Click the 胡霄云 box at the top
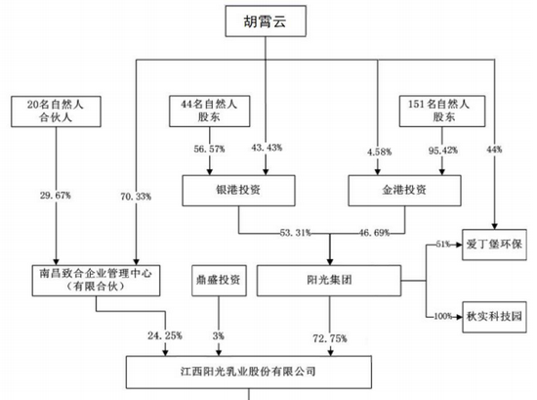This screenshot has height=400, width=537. click(x=266, y=21)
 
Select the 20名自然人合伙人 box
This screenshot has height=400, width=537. click(x=56, y=111)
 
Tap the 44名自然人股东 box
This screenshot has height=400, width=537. click(x=210, y=111)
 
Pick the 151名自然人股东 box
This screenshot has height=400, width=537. click(x=442, y=111)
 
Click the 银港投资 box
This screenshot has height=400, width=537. click(x=238, y=191)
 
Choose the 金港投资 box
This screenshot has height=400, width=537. click(x=404, y=191)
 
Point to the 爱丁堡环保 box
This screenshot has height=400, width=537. click(x=494, y=244)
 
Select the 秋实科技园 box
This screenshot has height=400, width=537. click(x=494, y=317)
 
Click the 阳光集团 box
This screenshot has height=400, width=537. click(x=329, y=281)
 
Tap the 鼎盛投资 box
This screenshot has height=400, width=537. click(x=219, y=281)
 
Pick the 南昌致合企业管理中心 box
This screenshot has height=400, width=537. click(x=96, y=281)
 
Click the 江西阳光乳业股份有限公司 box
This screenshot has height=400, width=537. click(x=249, y=372)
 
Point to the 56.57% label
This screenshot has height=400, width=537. click(x=209, y=149)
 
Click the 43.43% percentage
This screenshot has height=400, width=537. click(x=267, y=148)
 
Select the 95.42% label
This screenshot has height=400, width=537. click(x=443, y=151)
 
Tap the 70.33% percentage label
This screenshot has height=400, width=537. click(x=136, y=197)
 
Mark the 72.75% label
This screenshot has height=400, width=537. click(x=330, y=338)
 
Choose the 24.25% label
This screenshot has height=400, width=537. click(x=165, y=335)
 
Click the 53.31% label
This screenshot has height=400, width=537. click(x=295, y=233)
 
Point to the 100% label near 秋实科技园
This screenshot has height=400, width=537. click(x=443, y=316)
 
